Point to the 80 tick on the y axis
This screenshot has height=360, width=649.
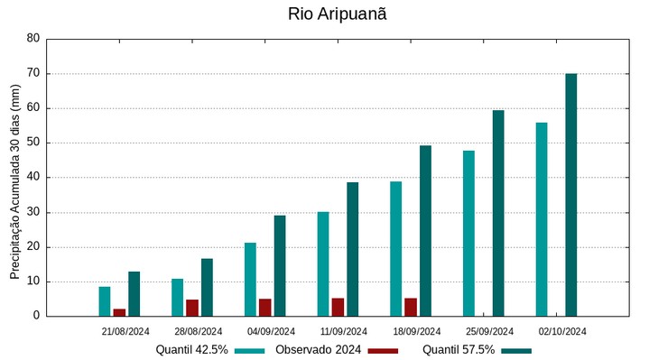pos(33,39)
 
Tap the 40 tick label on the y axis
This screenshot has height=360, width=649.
pos(33,178)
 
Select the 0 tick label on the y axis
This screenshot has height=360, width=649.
pos(36,316)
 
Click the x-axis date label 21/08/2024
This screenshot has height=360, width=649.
pos(125,331)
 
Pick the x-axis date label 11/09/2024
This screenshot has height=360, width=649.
pos(344,331)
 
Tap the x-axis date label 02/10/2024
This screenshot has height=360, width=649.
pos(562,331)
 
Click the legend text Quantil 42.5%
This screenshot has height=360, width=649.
pos(191,350)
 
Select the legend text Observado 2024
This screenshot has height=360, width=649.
pos(319,350)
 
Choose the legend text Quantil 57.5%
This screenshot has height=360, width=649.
pos(459,350)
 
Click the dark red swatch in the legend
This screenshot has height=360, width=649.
pos(384,350)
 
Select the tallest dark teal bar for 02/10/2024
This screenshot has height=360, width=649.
pos(570,195)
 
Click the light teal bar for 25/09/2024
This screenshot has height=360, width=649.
pos(468,233)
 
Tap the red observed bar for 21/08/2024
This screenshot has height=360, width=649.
pos(119,312)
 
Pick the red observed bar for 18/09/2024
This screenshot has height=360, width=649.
pos(411,307)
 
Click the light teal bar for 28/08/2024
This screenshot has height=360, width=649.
pos(178,297)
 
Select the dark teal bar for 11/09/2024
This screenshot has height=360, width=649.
pos(353,249)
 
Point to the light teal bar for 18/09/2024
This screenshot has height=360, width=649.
pos(395,248)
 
